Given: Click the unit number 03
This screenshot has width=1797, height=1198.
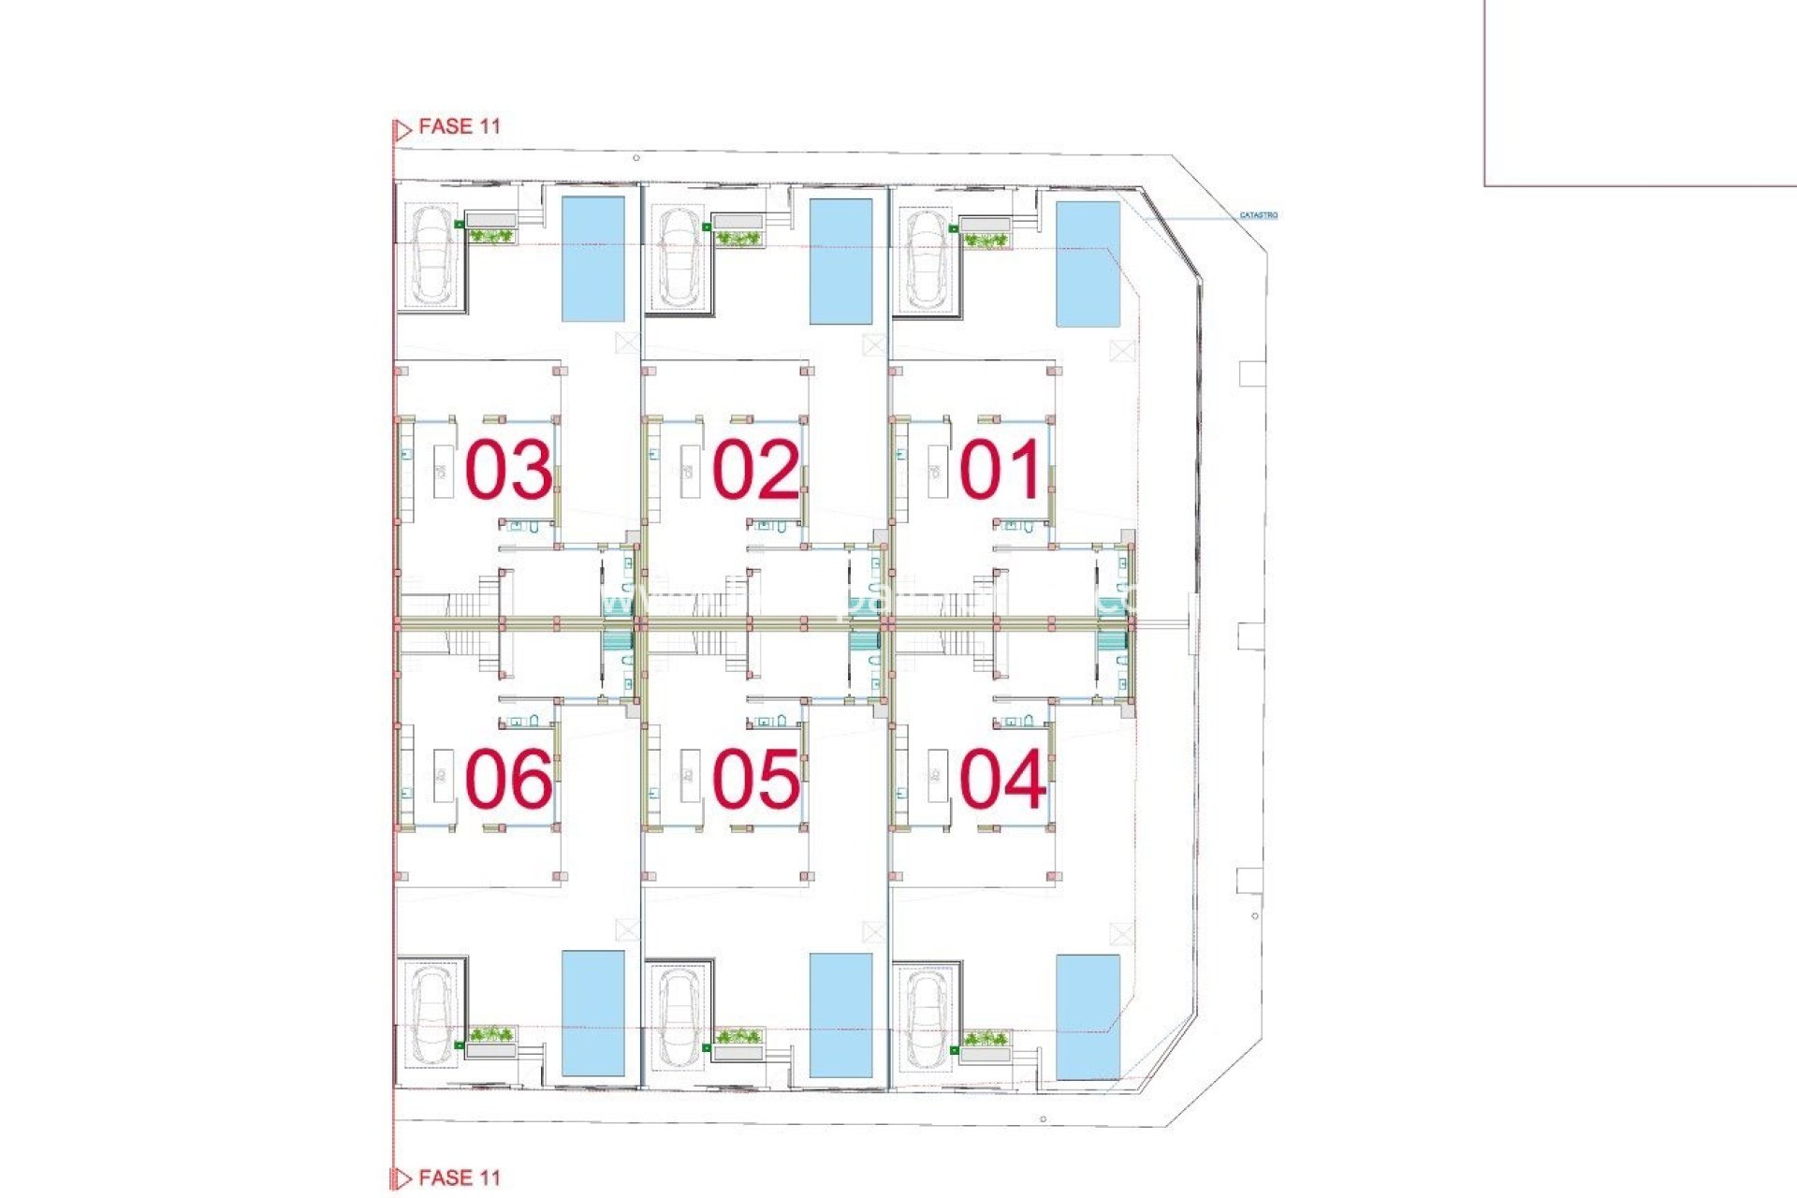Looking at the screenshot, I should tap(508, 469).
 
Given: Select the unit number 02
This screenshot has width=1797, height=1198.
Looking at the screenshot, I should tap(755, 469).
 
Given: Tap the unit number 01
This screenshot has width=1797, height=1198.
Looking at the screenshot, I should tap(1001, 469).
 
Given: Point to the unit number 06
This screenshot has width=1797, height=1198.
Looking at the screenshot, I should tap(508, 779).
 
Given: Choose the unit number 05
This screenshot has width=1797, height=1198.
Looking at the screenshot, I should tap(755, 779).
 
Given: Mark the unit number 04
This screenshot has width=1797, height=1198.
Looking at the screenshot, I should tap(1001, 779).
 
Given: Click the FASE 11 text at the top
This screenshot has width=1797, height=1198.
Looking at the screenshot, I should tap(459, 126).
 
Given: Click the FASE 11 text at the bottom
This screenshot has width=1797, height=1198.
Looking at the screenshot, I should tap(459, 1177).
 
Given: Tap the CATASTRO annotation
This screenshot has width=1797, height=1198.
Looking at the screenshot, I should tap(1258, 215).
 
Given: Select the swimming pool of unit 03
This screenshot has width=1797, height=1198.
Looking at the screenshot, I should tap(592, 258).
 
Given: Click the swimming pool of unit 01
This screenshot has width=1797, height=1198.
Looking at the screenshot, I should tap(1088, 263).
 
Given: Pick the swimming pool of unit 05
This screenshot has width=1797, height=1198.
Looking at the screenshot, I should tap(840, 1015).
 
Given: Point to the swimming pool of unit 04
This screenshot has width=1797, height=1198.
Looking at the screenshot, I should tap(1088, 1016).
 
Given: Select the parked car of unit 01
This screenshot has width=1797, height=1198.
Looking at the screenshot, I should tap(925, 258).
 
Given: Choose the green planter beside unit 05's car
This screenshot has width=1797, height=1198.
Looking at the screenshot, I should tap(738, 1036).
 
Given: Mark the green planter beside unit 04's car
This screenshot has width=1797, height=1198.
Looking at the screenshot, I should tap(986, 1039).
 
